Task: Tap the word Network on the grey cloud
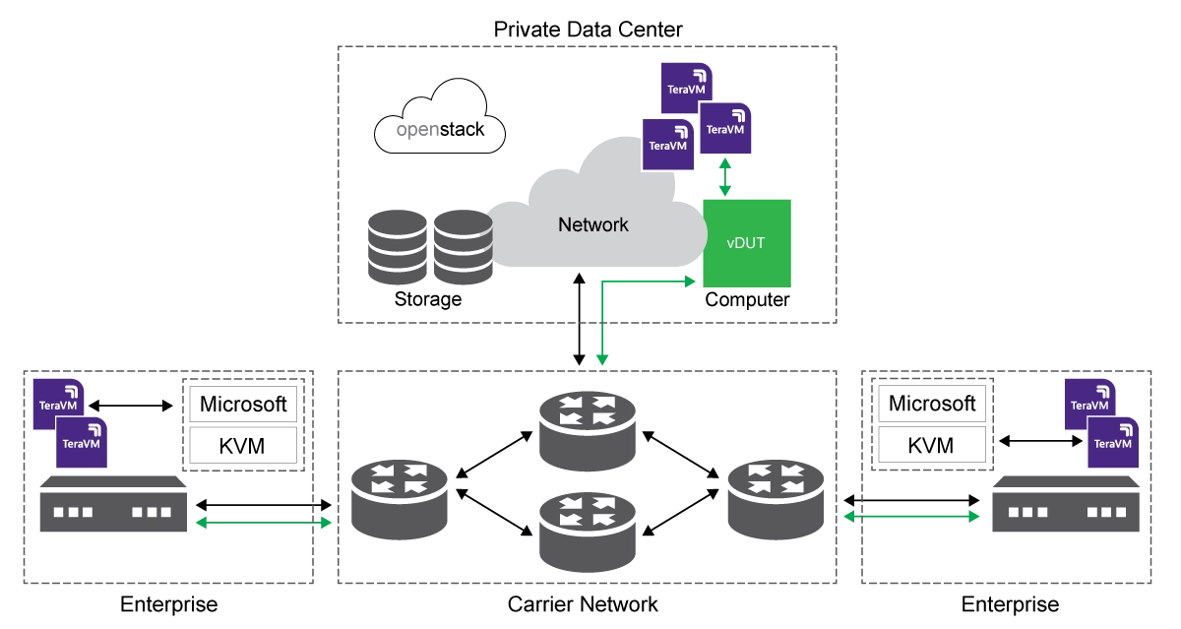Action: click(x=592, y=224)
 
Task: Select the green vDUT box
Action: click(x=747, y=243)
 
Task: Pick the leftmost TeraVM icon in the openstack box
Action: click(x=667, y=143)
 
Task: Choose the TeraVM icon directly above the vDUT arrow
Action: click(x=726, y=127)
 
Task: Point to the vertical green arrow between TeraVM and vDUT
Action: click(x=726, y=177)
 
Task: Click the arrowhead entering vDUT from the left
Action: click(x=691, y=282)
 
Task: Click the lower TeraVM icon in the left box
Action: click(x=82, y=442)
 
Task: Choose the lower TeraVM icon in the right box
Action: click(x=1114, y=442)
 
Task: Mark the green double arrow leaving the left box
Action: click(x=264, y=524)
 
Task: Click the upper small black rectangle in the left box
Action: click(x=244, y=406)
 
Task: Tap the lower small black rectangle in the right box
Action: click(x=932, y=444)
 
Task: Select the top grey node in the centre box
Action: click(x=586, y=429)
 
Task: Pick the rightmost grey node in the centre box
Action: click(x=775, y=500)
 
